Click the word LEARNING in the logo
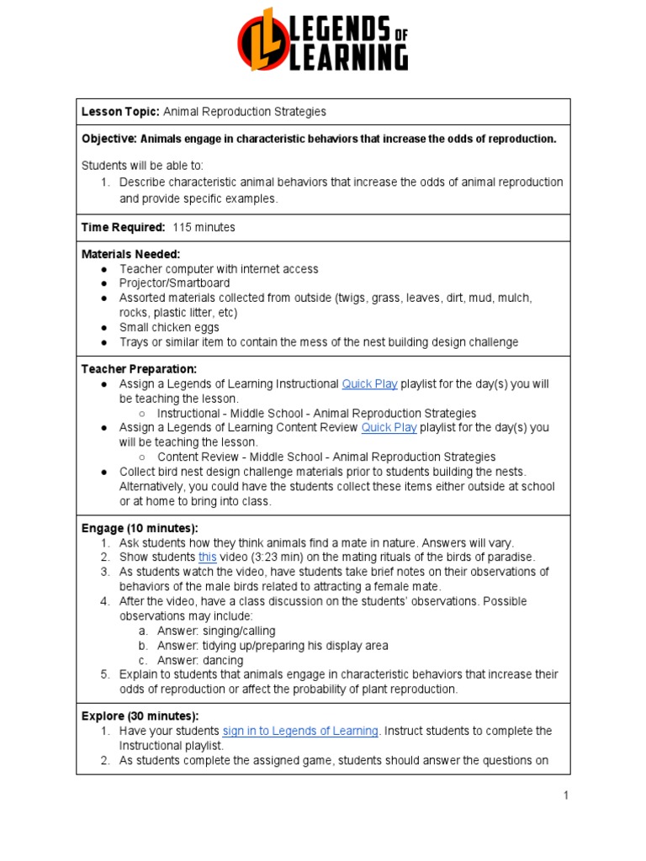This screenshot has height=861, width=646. point(348,57)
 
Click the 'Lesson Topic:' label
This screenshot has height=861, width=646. point(120,112)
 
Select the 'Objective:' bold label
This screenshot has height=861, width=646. point(109,139)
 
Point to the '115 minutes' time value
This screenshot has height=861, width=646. point(204,227)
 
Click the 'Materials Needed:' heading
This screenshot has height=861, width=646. point(130,254)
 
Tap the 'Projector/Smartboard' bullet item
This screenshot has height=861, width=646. point(174,283)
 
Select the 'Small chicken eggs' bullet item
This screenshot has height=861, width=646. point(169,327)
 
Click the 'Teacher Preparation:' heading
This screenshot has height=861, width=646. point(139,369)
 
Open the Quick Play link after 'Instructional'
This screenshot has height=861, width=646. point(369,384)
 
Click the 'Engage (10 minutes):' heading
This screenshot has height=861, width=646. point(140,528)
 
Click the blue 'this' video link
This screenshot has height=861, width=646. point(207,557)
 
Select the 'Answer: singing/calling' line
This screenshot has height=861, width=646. point(216,631)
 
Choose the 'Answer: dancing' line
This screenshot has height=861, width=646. point(200,660)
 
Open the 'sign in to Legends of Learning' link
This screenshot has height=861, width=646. point(300,732)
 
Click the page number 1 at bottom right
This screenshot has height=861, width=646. point(566,795)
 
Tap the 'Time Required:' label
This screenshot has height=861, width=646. point(123,227)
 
